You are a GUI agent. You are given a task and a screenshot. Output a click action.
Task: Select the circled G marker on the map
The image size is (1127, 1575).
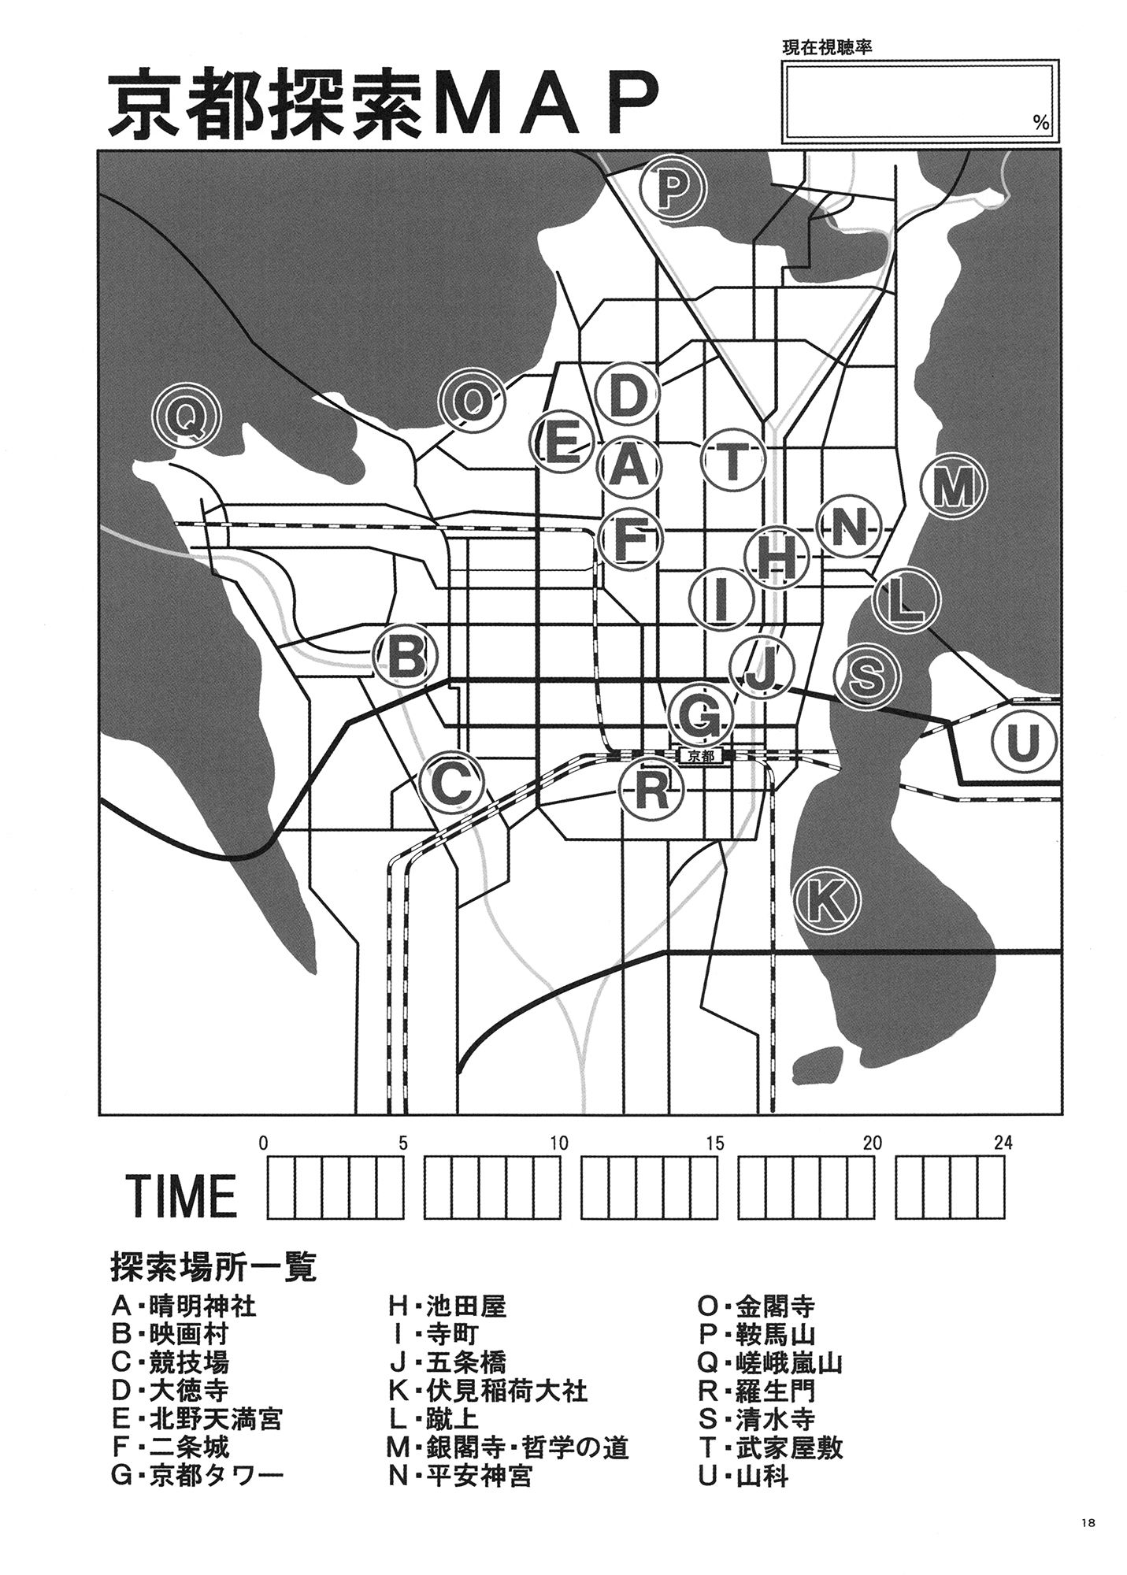[699, 715]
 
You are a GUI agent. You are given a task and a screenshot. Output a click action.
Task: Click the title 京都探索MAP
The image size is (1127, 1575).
[383, 106]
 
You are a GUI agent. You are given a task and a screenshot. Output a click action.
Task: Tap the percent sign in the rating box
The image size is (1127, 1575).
[1041, 123]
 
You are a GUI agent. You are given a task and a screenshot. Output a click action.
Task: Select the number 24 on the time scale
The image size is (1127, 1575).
[1003, 1143]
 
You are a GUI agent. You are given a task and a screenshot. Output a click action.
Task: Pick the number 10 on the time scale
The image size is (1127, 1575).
[558, 1143]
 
